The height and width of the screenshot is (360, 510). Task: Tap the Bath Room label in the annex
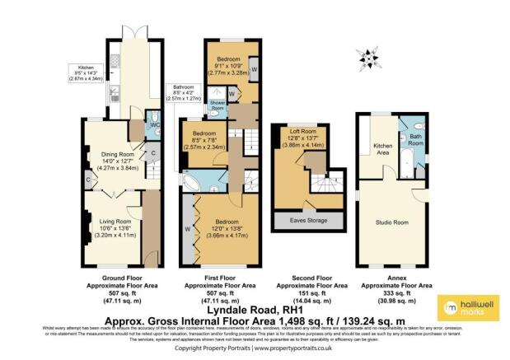[x=416, y=140]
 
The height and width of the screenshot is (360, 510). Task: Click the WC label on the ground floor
[x=154, y=126]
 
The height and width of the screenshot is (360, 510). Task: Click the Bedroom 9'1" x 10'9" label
[x=227, y=65]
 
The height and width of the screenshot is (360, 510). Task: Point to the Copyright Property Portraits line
[x=254, y=348]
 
